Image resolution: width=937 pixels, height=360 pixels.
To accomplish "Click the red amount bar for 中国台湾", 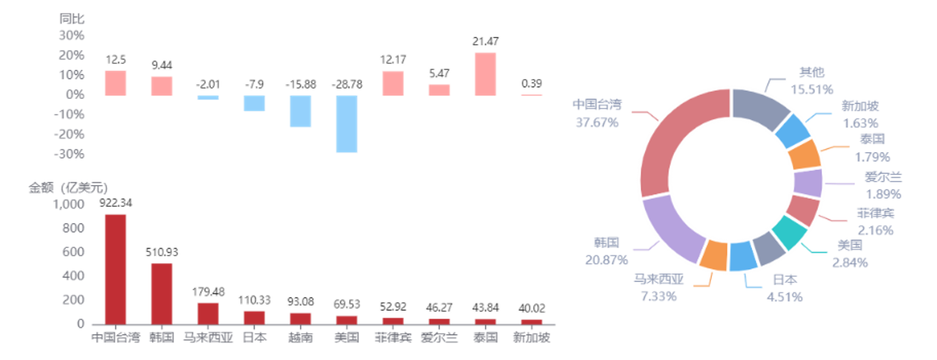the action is (115, 269).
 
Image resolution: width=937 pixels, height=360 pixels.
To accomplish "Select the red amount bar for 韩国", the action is (161, 294).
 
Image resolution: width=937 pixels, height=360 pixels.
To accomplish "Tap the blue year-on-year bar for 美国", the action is (347, 124).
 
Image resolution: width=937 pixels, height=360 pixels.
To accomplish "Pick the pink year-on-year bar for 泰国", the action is (485, 74).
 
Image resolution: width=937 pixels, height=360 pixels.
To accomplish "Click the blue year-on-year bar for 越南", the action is (300, 111).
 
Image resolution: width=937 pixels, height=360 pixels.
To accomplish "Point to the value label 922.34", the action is (115, 203).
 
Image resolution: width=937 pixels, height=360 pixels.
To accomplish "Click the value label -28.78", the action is (347, 84).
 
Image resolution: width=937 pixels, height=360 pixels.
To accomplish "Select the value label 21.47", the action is (485, 41).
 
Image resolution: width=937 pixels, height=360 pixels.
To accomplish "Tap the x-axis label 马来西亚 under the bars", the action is (208, 338).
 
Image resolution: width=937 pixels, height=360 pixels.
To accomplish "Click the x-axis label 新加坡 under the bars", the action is (531, 338).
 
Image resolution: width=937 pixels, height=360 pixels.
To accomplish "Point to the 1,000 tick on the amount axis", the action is (68, 204).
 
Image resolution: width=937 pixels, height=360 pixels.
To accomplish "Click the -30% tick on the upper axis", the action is (70, 154).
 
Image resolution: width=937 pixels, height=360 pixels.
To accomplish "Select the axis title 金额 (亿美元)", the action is (68, 188).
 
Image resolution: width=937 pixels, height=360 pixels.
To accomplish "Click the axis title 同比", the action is (72, 18).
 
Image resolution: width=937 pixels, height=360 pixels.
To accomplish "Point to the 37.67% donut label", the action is (597, 122).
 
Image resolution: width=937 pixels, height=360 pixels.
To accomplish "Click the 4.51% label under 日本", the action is (785, 297).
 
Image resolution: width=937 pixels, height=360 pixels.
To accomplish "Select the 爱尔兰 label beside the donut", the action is (883, 177).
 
